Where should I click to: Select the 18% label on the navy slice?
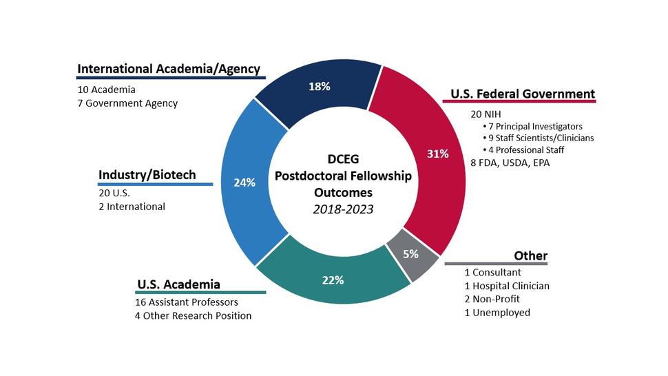click(x=320, y=87)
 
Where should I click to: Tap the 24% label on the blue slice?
click(x=244, y=183)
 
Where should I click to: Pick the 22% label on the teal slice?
click(x=333, y=280)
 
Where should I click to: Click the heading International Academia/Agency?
click(x=169, y=69)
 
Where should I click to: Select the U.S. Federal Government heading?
click(x=522, y=94)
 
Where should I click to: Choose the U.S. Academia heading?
click(x=178, y=284)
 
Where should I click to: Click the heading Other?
click(x=530, y=256)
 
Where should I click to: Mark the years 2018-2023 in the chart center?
click(x=342, y=209)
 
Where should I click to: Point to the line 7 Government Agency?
click(x=127, y=103)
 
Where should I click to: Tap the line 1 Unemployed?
click(x=497, y=313)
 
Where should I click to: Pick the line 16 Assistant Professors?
click(x=187, y=302)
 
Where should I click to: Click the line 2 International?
click(x=132, y=207)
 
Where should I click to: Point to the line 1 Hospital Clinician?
click(x=506, y=286)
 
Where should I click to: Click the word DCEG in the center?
click(x=343, y=160)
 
